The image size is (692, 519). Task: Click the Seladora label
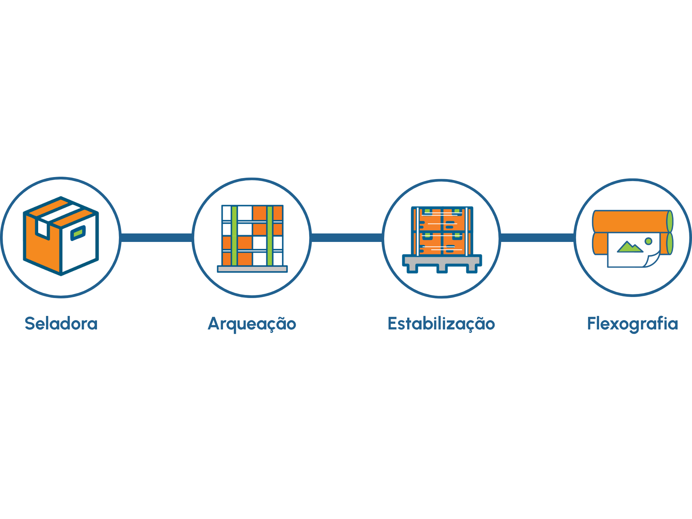coord(61,323)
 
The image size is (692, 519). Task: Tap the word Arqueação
coord(252,324)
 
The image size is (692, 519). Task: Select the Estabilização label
coord(441,324)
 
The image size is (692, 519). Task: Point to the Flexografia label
coord(633,324)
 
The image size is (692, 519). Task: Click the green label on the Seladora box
coord(78,233)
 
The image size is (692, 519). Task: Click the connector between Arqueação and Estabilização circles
coord(347,238)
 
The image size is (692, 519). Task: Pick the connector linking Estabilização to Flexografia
coord(537,238)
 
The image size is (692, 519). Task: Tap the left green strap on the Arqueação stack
coord(234,236)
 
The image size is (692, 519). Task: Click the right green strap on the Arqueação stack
coord(270,236)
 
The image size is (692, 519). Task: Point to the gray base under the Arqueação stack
coord(252,269)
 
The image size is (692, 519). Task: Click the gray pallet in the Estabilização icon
coord(442,263)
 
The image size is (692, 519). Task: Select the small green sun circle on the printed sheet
coord(648,241)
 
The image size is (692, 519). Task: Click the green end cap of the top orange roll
coord(670,222)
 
